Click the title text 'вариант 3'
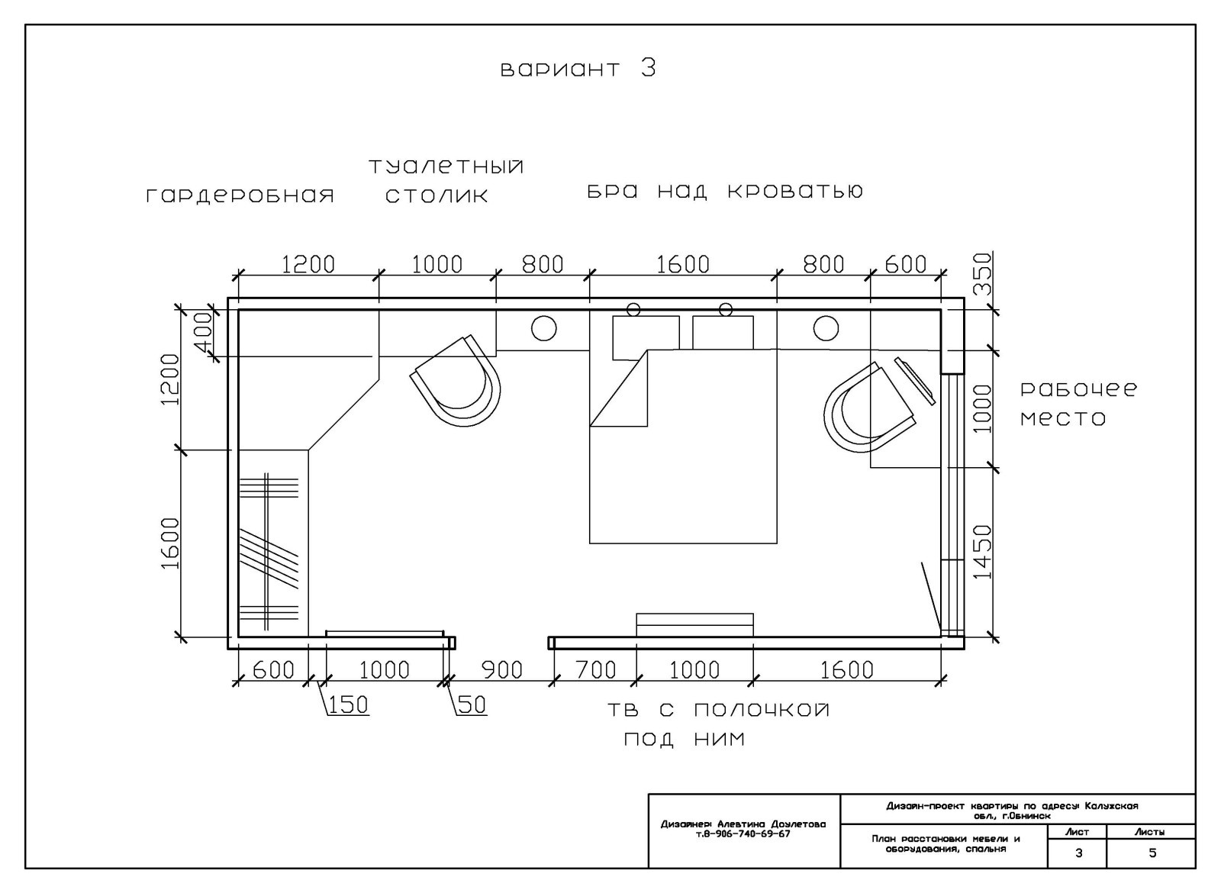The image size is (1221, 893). (578, 69)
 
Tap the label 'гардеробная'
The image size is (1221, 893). (240, 195)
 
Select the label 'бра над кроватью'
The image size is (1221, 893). (725, 192)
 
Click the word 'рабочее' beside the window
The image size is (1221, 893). (1079, 389)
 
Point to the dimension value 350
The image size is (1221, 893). (983, 274)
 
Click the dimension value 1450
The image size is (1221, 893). (983, 553)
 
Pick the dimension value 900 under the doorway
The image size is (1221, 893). (502, 670)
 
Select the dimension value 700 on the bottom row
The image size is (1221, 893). (596, 670)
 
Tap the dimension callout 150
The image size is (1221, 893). (348, 705)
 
